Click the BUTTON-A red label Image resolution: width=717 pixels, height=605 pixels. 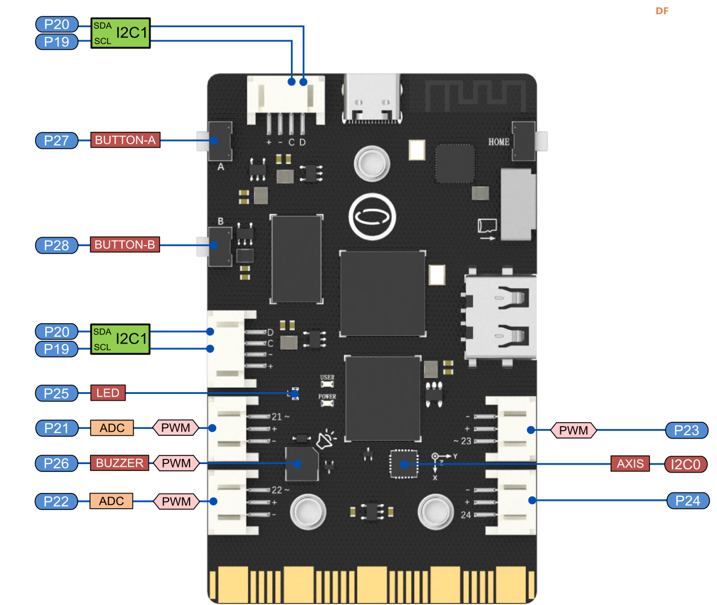(x=125, y=140)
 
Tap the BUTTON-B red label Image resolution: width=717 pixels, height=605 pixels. (x=124, y=244)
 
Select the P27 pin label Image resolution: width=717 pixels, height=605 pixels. (x=57, y=140)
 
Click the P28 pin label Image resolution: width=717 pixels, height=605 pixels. (x=57, y=245)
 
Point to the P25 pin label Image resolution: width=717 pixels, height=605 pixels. (x=57, y=393)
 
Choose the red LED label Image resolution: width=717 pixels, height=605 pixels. (x=108, y=393)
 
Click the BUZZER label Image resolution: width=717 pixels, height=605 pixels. (x=119, y=463)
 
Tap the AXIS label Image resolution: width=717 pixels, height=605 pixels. (x=630, y=464)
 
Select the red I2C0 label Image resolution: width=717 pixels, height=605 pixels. (x=685, y=465)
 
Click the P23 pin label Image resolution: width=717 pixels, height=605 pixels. (x=686, y=431)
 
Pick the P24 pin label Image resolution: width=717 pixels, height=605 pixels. (x=688, y=501)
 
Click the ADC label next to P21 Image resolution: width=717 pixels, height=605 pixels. (x=112, y=428)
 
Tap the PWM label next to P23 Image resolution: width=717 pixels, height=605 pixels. (x=573, y=431)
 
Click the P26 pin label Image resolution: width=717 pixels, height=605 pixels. (x=57, y=464)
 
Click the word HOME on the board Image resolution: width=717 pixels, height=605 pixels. (x=499, y=141)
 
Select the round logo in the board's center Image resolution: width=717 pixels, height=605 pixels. (x=372, y=217)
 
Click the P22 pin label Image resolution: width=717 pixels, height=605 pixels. (x=56, y=501)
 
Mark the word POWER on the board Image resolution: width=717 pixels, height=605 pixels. (x=327, y=397)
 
